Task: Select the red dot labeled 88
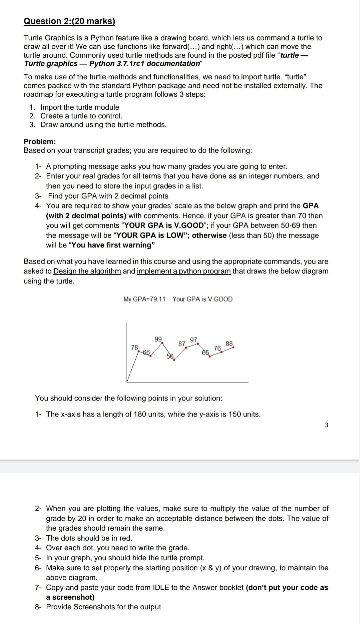233,347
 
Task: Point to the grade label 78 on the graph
135,348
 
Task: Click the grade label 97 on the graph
194,340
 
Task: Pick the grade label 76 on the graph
217,348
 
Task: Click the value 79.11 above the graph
158,299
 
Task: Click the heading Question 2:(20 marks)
69,21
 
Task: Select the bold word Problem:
40,141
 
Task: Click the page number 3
326,425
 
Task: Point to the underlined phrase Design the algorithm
87,271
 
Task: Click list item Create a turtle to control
81,116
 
